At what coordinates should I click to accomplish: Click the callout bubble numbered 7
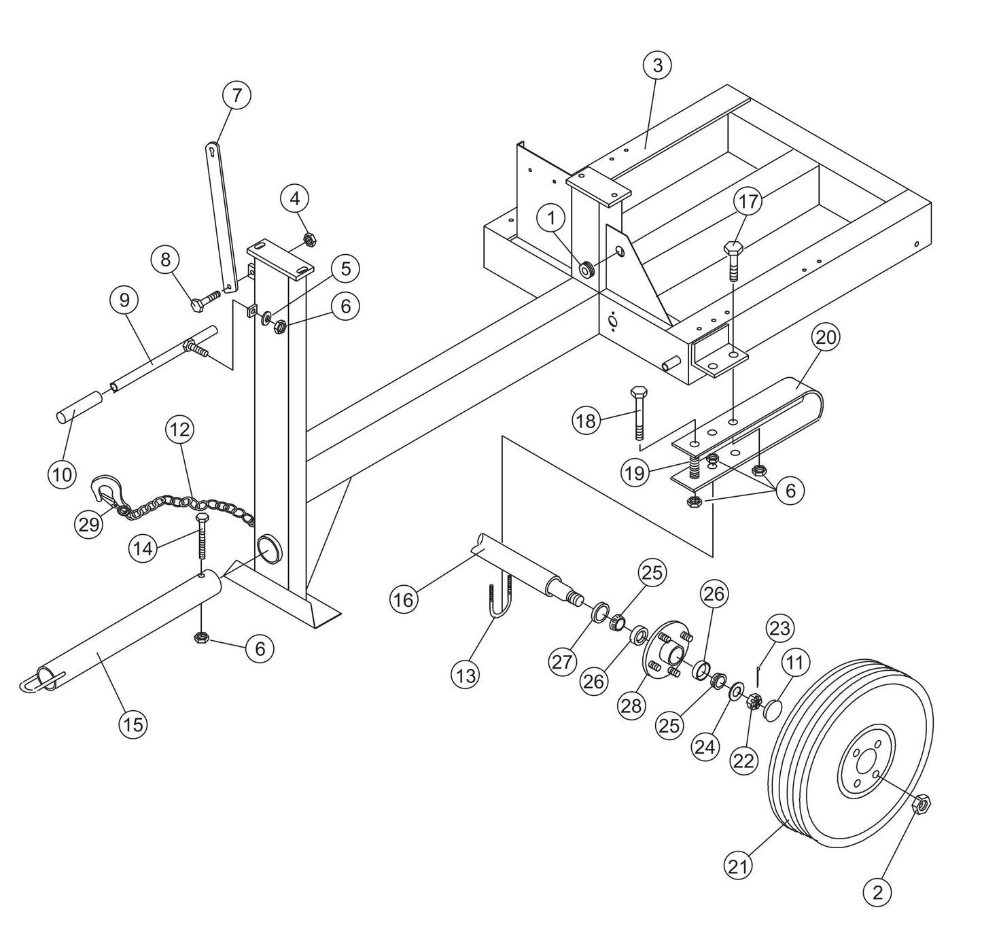point(236,95)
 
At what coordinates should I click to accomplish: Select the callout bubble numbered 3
point(657,65)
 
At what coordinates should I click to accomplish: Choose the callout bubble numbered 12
point(179,429)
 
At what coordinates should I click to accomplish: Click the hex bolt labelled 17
point(733,258)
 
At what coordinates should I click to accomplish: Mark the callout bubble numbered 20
point(826,337)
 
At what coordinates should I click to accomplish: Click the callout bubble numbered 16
point(404,599)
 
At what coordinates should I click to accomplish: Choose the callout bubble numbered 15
point(133,724)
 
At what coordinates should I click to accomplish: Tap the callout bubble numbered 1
point(551,218)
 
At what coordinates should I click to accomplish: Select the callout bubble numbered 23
point(779,628)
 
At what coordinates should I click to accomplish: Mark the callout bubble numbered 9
point(124,300)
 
